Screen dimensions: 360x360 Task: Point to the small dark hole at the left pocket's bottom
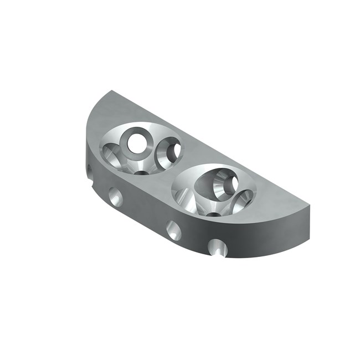pyautogui.click(x=142, y=172)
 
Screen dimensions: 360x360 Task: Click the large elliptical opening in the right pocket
pyautogui.click(x=217, y=183)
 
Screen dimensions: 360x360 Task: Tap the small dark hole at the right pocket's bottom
pyautogui.click(x=213, y=214)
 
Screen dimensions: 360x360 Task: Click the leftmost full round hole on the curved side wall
pyautogui.click(x=115, y=197)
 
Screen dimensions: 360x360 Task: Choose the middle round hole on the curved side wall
pyautogui.click(x=173, y=230)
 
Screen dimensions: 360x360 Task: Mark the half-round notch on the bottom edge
pyautogui.click(x=218, y=248)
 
